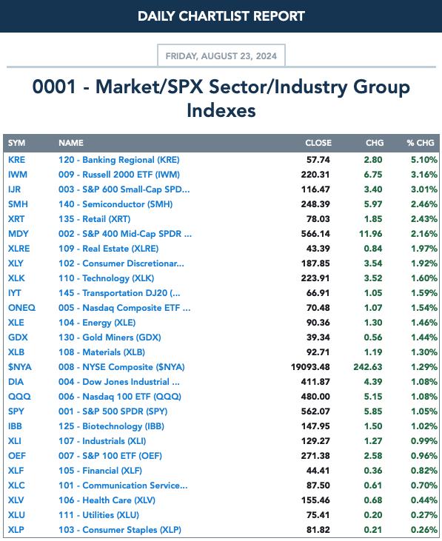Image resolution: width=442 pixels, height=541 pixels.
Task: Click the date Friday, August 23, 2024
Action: tap(221, 56)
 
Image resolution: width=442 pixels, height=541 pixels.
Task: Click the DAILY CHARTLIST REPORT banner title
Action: tap(221, 16)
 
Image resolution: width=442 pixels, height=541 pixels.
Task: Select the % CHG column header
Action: tap(421, 143)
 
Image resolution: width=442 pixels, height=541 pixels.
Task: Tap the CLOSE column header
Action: tap(318, 143)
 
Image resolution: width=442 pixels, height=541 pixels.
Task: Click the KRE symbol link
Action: tap(16, 160)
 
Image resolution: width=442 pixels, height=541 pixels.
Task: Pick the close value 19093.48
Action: tap(310, 367)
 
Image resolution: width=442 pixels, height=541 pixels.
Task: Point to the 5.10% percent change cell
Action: tap(424, 160)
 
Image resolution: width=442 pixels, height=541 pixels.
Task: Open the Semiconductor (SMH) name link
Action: tap(115, 204)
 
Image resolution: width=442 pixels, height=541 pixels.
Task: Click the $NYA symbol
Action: tap(20, 367)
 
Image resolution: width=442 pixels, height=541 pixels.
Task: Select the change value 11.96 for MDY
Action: tap(371, 234)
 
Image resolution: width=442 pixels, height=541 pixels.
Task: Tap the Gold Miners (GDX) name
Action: tap(110, 337)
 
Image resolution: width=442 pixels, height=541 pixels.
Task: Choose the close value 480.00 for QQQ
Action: tap(315, 397)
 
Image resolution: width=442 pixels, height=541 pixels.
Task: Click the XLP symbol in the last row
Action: tap(16, 530)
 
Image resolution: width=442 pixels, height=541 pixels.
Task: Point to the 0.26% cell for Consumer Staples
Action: tap(424, 530)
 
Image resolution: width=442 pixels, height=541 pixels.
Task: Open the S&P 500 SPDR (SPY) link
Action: tap(113, 411)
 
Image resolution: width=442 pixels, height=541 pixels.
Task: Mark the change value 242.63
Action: tap(368, 367)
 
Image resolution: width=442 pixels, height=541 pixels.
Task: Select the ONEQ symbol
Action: tap(21, 308)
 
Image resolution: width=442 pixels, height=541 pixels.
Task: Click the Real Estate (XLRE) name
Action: tap(109, 249)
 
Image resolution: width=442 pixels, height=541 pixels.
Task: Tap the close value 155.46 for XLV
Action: tap(315, 500)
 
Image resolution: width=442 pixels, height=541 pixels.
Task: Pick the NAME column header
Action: tap(71, 143)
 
